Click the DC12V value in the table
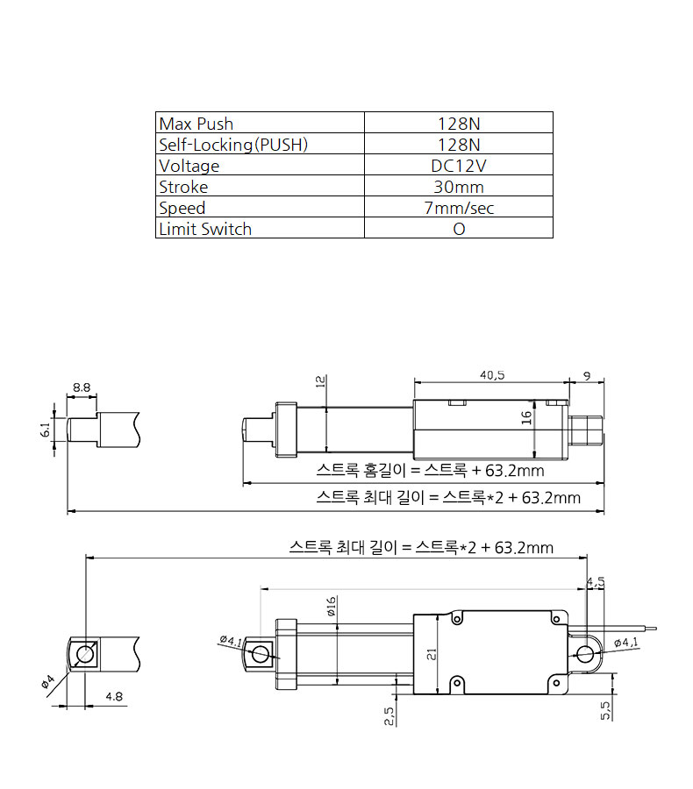(x=458, y=166)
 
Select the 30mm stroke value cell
(x=458, y=187)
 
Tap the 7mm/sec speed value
(x=458, y=208)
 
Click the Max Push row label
(x=196, y=124)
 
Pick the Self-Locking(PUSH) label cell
(x=233, y=145)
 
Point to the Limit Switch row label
(x=205, y=229)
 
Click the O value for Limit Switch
(x=458, y=229)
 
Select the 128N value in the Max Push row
(x=458, y=124)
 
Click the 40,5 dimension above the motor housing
(x=492, y=374)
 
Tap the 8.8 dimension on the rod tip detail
(x=82, y=387)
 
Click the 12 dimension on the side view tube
(x=320, y=381)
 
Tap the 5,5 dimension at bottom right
(x=605, y=710)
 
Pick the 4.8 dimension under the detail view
(x=113, y=697)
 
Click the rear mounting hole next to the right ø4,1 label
(x=586, y=653)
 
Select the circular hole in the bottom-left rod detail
(x=85, y=654)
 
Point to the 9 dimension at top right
(x=586, y=375)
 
